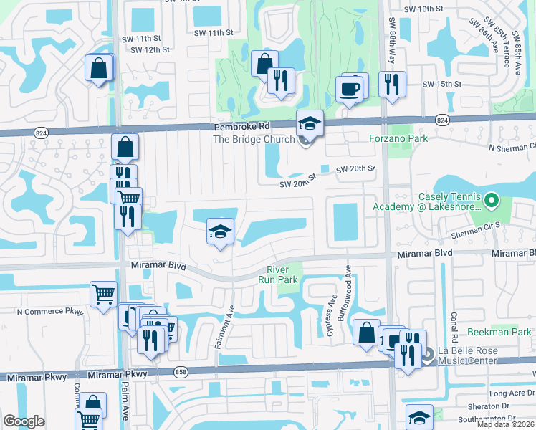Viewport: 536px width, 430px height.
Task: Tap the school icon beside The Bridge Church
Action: pos(310,124)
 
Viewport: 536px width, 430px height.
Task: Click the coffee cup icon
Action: pos(350,89)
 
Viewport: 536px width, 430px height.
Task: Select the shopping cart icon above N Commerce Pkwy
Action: pos(103,294)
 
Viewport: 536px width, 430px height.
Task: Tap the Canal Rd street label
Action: pos(454,327)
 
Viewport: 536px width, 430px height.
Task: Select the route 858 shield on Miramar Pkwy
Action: pos(181,371)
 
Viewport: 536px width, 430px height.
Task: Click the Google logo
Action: pos(24,421)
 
